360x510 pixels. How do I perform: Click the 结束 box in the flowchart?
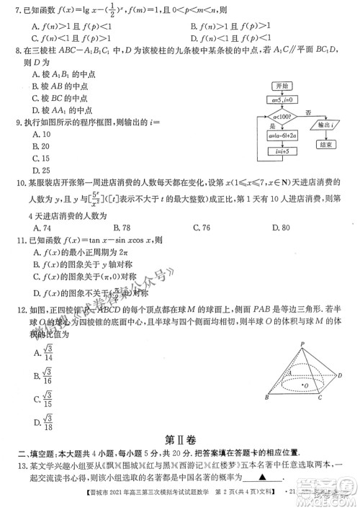click(x=326, y=144)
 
